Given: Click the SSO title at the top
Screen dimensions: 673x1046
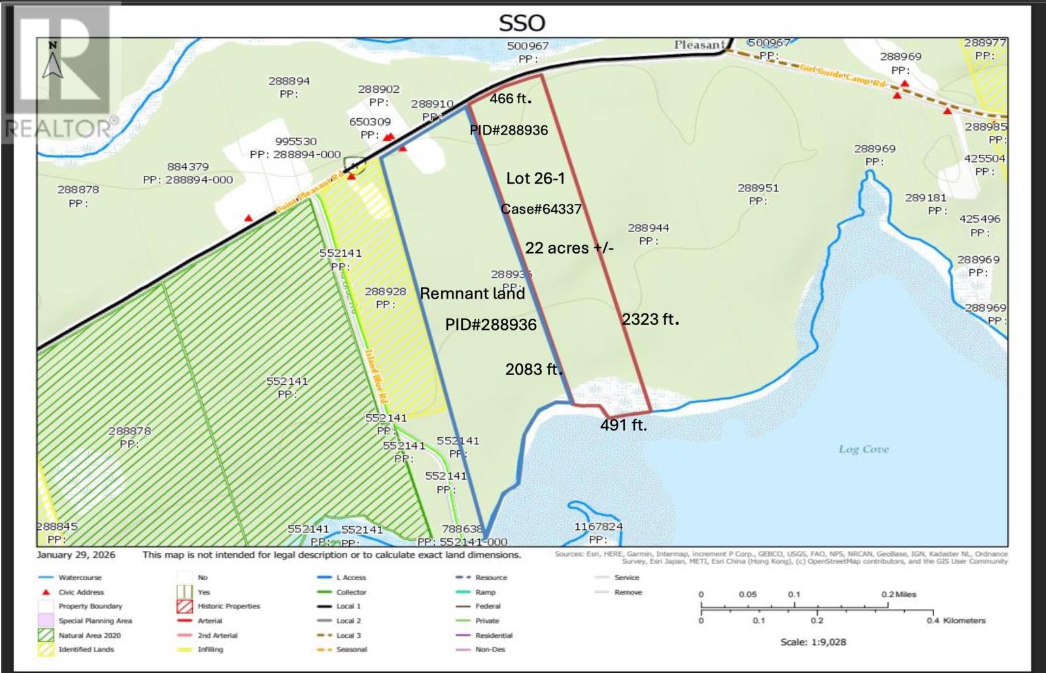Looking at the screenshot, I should (x=521, y=24).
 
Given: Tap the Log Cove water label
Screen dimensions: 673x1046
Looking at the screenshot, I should (x=864, y=450).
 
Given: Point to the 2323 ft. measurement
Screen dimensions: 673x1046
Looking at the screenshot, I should (x=650, y=319).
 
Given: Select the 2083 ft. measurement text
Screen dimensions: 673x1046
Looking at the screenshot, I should (x=533, y=369).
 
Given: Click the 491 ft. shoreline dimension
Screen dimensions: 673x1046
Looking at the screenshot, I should (x=623, y=425).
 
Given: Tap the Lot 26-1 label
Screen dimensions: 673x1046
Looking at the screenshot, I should (x=535, y=178).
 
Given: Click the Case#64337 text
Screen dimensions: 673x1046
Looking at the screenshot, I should (x=541, y=209).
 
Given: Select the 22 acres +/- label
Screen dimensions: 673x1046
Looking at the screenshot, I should (x=569, y=248).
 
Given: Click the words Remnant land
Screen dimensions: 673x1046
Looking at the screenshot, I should (x=472, y=293).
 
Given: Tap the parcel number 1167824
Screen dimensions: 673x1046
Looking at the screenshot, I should (x=598, y=526).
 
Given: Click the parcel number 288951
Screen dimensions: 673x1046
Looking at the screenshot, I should (x=758, y=188).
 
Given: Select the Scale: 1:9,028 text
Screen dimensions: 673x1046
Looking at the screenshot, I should (x=813, y=642).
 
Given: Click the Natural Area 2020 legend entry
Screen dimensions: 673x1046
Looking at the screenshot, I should (x=90, y=635).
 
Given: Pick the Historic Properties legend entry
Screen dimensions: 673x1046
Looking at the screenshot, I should (x=229, y=606).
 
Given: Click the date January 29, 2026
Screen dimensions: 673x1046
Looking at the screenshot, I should (x=76, y=555).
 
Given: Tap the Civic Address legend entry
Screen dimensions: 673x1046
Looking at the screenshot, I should (x=81, y=592).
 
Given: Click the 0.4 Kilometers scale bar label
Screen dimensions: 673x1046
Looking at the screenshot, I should (x=955, y=621).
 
